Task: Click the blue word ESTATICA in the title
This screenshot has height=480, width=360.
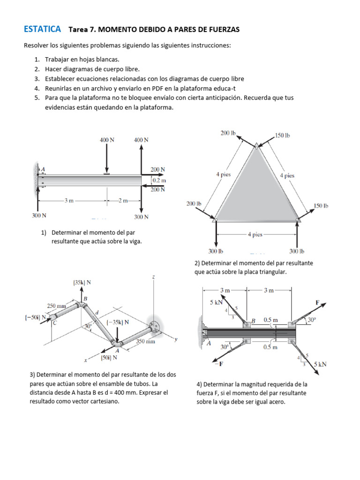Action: [x=42, y=29]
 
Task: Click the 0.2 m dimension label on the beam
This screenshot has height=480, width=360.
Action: [x=159, y=180]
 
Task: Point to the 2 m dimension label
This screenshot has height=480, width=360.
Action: [x=123, y=201]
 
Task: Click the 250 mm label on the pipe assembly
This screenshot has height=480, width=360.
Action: [x=56, y=306]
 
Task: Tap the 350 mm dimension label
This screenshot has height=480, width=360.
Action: [x=145, y=342]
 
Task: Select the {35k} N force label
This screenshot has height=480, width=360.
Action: [x=82, y=282]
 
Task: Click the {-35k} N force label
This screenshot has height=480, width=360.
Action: [x=118, y=322]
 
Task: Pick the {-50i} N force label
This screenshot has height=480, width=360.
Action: [x=36, y=317]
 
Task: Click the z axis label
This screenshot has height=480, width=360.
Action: [x=153, y=277]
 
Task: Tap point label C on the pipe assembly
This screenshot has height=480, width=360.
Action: [x=54, y=323]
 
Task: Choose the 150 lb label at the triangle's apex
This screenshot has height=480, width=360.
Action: [x=283, y=135]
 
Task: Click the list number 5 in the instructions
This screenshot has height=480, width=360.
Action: [x=36, y=98]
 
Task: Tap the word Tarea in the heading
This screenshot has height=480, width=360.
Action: [x=78, y=30]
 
